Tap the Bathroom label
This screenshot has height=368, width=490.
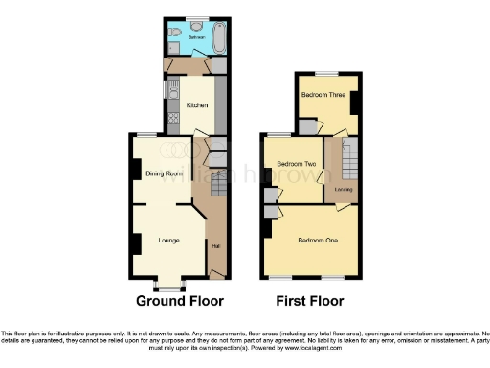195,37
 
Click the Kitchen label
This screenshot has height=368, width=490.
197,105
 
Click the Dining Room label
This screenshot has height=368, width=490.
164,173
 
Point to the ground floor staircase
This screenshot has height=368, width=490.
216,188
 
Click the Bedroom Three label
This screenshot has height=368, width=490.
323,95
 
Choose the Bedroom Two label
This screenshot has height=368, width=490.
297,164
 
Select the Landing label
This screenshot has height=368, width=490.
343,189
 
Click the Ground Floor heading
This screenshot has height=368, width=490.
173,301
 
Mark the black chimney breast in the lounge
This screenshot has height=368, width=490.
137,243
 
